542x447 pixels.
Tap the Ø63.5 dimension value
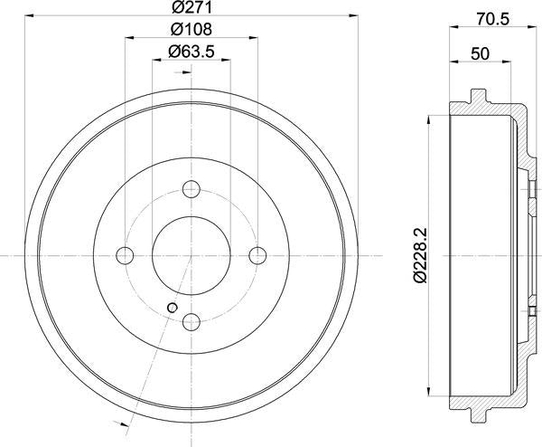[191, 52]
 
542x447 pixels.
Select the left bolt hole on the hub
[126, 254]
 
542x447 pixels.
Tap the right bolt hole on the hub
[257, 254]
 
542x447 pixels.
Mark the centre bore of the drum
[192, 254]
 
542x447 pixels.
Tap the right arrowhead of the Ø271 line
[353, 16]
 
